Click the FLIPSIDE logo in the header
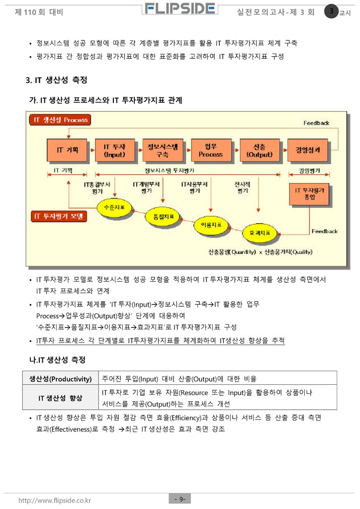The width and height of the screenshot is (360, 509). (x=180, y=9)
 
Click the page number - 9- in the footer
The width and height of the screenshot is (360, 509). (x=180, y=499)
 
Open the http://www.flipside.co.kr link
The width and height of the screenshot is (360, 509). (x=55, y=500)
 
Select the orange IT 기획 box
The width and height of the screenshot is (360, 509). (x=67, y=149)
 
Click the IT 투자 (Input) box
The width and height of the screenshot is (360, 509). (x=114, y=149)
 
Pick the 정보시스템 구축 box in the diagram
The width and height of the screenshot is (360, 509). (x=163, y=149)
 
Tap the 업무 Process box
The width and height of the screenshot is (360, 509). (x=211, y=149)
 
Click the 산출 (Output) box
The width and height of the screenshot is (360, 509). (x=259, y=149)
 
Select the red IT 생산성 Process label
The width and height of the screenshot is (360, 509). (x=61, y=120)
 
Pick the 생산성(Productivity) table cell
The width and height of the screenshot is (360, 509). (x=60, y=379)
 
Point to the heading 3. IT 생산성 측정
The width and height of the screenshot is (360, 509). (x=56, y=80)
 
